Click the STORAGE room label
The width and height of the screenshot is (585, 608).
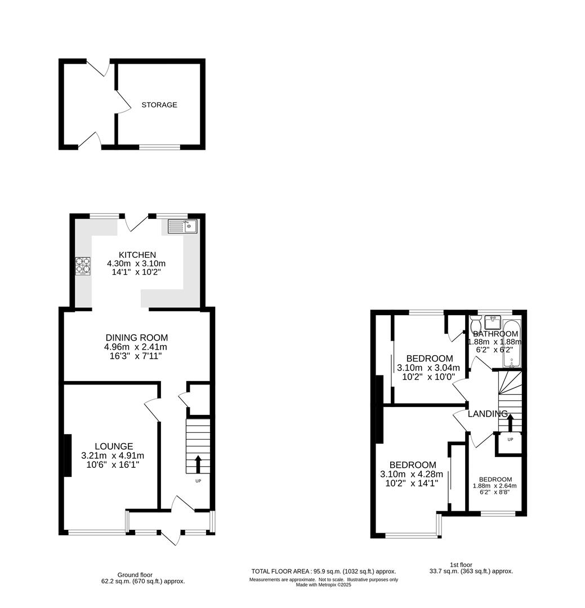pos(159,105)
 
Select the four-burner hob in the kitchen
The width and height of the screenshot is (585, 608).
pos(83,266)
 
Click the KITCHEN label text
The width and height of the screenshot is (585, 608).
pos(137,255)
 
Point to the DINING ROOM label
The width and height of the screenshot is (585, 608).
pos(137,338)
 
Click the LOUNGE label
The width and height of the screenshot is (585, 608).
pos(114,446)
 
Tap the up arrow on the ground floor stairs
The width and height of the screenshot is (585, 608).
pos(198,464)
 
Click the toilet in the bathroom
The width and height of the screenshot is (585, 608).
pos(476,323)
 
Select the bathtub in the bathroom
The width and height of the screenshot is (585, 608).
pos(512,343)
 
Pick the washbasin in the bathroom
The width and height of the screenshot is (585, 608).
pos(493,323)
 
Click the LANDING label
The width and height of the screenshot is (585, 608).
pos(487,414)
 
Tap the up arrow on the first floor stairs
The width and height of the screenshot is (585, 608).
pos(510,423)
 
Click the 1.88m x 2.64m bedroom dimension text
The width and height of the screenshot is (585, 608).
pos(494,486)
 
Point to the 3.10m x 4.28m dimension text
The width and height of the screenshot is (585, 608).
pos(411,474)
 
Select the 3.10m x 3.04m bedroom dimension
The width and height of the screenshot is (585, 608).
pos(428,368)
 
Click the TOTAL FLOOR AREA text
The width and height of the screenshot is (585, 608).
pos(324,571)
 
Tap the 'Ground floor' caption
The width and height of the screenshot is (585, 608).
pos(135,575)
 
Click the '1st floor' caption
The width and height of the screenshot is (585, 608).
pos(461,565)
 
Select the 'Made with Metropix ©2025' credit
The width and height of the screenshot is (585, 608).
pos(324,585)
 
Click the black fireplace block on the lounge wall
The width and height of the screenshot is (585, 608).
pos(68,455)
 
